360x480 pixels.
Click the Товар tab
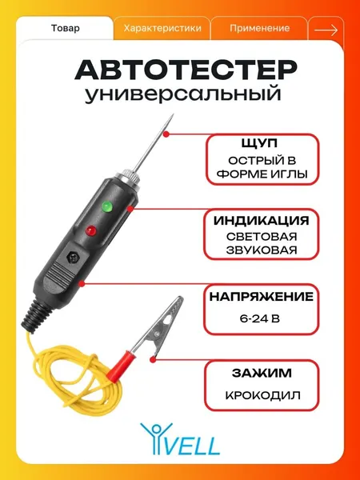click(x=66, y=29)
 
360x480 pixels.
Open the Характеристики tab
click(x=162, y=29)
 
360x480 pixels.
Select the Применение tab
click(x=259, y=29)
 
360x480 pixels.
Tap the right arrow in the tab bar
click(x=326, y=30)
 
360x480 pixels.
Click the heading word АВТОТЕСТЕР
click(x=186, y=70)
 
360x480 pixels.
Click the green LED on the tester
click(x=107, y=206)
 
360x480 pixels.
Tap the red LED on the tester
click(x=90, y=230)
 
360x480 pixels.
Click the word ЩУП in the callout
click(x=259, y=143)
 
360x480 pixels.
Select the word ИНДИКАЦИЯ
click(x=261, y=221)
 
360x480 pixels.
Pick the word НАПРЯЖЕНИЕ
click(x=261, y=296)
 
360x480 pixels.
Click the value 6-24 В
click(x=260, y=319)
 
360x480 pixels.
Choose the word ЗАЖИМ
click(x=262, y=373)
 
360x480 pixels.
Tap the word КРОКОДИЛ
click(x=262, y=395)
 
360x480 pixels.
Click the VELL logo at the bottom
click(x=180, y=438)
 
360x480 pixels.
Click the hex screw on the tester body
click(x=73, y=257)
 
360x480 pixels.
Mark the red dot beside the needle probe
click(x=166, y=134)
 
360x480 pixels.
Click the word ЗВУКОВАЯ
click(x=262, y=250)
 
